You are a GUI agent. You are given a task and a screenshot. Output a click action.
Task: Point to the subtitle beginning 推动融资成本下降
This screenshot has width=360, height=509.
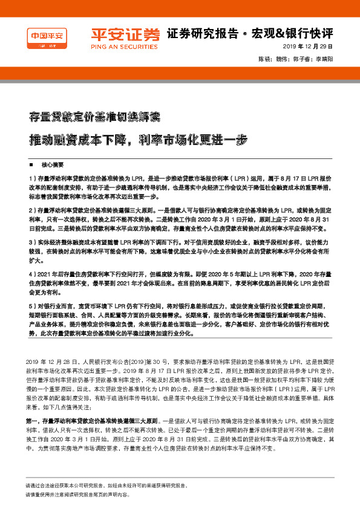[x=139, y=139]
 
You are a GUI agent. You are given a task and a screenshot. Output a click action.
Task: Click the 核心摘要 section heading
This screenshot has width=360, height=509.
[x=52, y=164]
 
